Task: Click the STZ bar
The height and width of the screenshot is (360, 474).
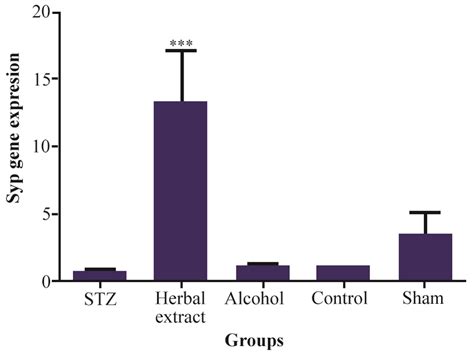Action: (100, 275)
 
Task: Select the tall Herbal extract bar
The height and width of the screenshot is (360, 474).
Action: (180, 190)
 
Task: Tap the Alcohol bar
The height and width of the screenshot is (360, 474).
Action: (261, 272)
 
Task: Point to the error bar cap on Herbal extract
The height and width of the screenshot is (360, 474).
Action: (181, 51)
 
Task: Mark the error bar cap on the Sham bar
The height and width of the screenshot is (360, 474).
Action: (424, 212)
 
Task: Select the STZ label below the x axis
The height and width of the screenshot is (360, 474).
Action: (100, 298)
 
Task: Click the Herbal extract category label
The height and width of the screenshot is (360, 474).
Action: (181, 307)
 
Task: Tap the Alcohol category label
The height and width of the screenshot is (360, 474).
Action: (261, 298)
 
